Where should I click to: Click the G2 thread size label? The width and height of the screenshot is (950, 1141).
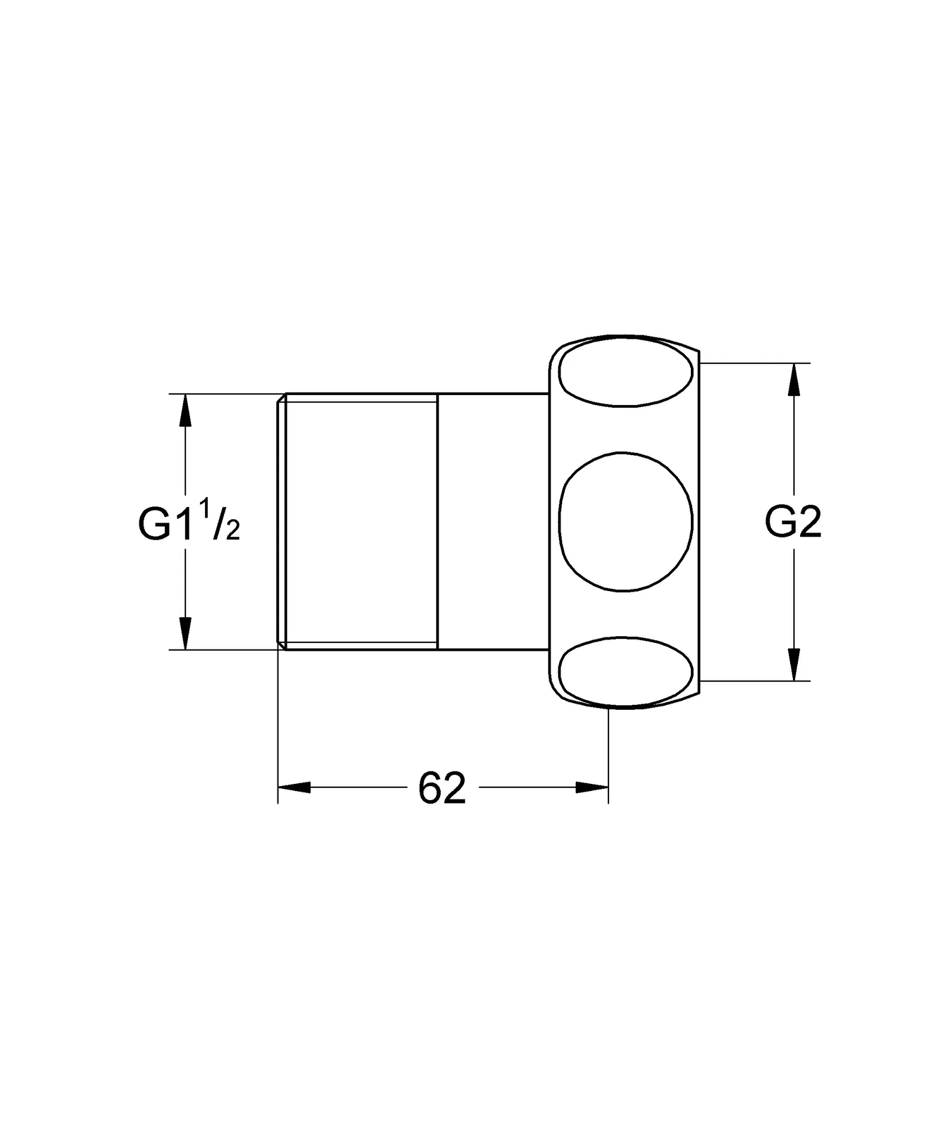click(x=793, y=523)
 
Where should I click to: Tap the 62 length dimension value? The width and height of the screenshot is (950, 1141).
click(x=441, y=788)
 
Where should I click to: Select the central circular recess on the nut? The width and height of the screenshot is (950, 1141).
click(x=625, y=521)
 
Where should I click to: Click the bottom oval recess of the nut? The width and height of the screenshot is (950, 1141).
click(x=626, y=671)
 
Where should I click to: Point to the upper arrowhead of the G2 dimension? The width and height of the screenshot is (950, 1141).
click(x=794, y=379)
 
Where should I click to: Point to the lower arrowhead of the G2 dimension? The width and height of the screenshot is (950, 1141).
click(x=794, y=665)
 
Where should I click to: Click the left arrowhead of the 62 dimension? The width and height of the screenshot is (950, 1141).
click(x=294, y=787)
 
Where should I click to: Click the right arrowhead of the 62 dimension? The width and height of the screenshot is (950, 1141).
click(x=592, y=787)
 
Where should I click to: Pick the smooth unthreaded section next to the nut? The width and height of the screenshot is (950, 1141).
click(x=493, y=521)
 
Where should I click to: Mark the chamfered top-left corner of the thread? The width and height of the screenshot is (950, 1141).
click(x=281, y=398)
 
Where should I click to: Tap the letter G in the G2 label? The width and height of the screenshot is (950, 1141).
click(x=779, y=523)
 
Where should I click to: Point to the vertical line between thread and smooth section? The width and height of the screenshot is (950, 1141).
click(x=437, y=521)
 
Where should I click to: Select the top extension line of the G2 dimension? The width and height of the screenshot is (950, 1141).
click(x=754, y=363)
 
